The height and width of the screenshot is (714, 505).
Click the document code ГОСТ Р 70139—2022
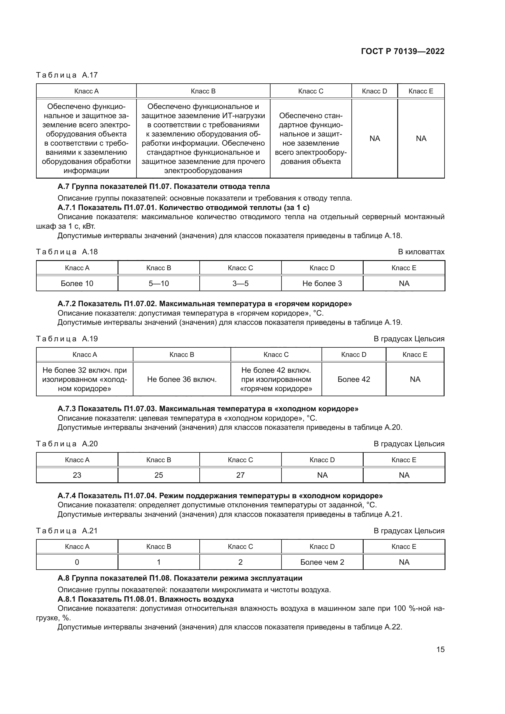(402, 51)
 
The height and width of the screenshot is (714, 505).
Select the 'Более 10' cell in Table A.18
(77, 283)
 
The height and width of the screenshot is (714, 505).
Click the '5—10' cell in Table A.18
(158, 283)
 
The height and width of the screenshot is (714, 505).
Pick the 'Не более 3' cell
(322, 283)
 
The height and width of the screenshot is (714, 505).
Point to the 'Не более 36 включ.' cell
(182, 379)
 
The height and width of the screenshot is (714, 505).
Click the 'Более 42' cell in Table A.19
(354, 379)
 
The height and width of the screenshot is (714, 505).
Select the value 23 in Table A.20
(77, 475)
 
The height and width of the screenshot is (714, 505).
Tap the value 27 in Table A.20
(240, 475)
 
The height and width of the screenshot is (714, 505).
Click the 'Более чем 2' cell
(322, 562)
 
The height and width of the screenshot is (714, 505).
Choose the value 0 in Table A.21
(77, 562)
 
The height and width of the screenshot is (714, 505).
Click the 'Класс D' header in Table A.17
(374, 91)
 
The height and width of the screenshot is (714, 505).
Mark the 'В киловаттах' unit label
(421, 252)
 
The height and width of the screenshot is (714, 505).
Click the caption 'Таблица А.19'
(67, 339)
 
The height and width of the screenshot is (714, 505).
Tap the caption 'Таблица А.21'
(67, 531)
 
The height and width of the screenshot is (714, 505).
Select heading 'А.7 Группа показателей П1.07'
(164, 187)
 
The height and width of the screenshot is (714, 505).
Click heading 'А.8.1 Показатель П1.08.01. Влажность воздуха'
(146, 599)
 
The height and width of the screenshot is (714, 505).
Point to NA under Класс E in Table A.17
(421, 138)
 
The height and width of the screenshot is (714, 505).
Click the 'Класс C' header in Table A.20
(240, 460)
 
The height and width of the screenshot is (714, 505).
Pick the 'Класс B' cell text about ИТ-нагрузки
(203, 138)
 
